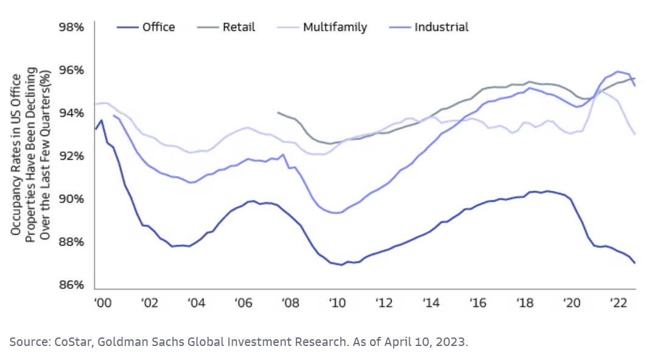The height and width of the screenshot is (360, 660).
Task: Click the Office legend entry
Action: tap(158, 27)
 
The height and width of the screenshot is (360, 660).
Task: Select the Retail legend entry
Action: tap(239, 27)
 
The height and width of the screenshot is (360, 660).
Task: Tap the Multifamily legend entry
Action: tap(335, 27)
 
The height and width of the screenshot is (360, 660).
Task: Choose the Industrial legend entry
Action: tap(441, 27)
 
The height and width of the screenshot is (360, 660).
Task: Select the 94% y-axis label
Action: tap(71, 113)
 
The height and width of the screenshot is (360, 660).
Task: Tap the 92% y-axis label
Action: tap(71, 157)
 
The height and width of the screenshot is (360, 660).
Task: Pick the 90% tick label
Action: tap(71, 199)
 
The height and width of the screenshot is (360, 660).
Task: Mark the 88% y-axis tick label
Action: tap(71, 242)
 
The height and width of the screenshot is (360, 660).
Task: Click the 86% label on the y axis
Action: tap(71, 285)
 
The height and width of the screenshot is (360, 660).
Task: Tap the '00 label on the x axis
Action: tap(102, 303)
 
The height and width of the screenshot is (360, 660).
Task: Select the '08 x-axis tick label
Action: tap(290, 303)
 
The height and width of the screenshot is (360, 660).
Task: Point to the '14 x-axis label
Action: tap(431, 303)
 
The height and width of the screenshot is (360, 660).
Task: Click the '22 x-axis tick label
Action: tap(619, 303)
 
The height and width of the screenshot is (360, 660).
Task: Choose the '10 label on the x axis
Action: tap(337, 303)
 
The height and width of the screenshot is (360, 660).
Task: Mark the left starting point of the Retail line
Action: tap(278, 112)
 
